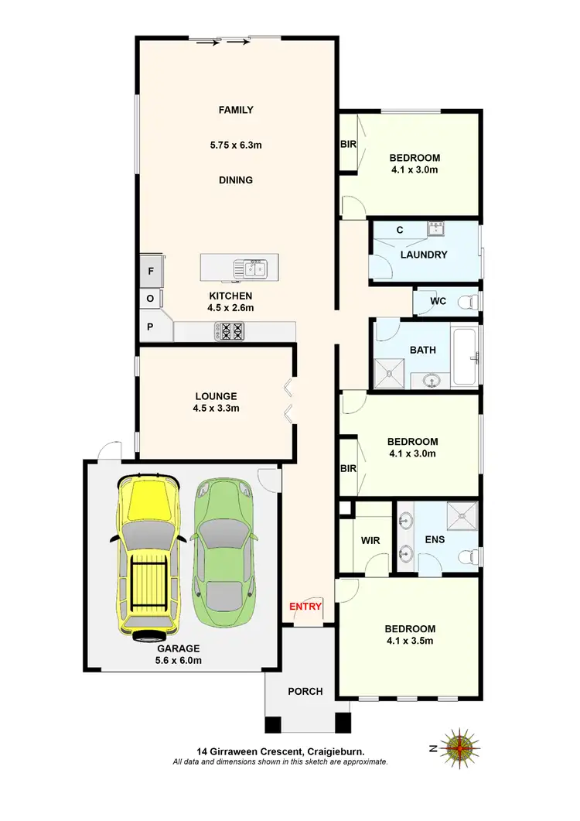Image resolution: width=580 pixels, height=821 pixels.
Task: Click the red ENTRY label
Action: [305, 607]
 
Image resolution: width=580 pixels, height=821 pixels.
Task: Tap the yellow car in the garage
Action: [148, 556]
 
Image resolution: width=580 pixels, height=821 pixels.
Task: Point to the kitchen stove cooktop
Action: [229, 331]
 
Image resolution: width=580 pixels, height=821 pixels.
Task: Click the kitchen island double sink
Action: [253, 269]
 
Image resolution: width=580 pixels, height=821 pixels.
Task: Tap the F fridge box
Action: [151, 272]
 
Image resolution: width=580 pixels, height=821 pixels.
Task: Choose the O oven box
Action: [150, 299]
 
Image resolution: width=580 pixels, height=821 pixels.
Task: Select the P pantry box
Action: [150, 327]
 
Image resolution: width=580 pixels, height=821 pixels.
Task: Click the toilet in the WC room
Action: [466, 302]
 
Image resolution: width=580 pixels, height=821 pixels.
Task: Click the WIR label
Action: [370, 540]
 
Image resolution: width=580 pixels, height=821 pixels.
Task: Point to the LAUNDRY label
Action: [424, 255]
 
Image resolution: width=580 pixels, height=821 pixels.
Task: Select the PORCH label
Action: [305, 691]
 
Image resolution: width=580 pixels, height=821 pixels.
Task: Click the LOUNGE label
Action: [216, 395]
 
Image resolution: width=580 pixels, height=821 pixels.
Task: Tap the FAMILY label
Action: [236, 110]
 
